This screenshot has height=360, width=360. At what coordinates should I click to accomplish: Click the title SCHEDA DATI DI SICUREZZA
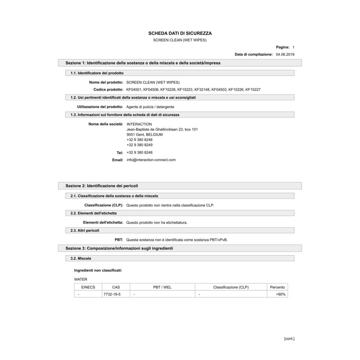point(180,33)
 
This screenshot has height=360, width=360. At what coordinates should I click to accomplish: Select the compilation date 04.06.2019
point(285,54)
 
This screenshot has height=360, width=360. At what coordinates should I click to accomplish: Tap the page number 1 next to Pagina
point(293,47)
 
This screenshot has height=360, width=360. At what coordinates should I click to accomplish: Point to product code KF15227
point(253,90)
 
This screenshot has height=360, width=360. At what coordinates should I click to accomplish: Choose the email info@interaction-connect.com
point(151,160)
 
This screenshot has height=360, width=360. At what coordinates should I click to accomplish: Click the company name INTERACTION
point(139,124)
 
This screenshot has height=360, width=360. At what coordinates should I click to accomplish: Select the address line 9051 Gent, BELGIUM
point(144,134)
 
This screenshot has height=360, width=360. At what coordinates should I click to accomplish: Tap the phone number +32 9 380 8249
point(139,145)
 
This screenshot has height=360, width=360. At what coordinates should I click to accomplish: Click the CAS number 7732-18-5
point(112,294)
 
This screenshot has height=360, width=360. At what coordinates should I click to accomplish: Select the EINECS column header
point(88,287)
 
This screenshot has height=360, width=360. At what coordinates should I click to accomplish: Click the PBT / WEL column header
point(162,287)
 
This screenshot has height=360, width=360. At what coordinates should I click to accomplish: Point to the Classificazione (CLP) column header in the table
point(231,287)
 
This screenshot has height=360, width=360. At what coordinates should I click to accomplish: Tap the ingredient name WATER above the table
point(81,279)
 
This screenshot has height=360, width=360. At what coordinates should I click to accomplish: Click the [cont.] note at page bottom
point(289,339)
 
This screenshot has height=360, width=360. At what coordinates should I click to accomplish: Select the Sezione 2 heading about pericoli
point(104,186)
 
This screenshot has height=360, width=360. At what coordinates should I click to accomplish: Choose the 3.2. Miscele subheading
point(81,258)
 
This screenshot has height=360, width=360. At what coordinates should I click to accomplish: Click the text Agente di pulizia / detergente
point(150,107)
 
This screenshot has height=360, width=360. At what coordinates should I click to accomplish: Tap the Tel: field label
point(120,153)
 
